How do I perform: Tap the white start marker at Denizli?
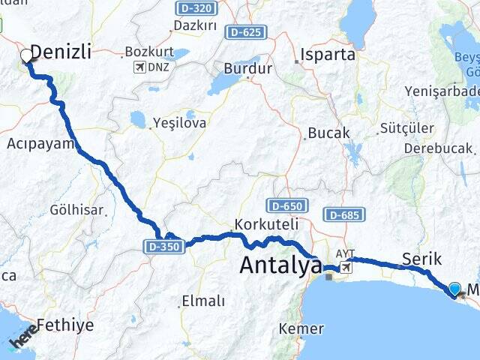[26, 55]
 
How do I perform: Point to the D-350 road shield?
[163, 245]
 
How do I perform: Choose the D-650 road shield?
[285, 205]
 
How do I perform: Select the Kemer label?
[301, 328]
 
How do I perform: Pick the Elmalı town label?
[202, 301]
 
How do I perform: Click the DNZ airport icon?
[139, 67]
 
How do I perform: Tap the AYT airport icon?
[346, 267]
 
